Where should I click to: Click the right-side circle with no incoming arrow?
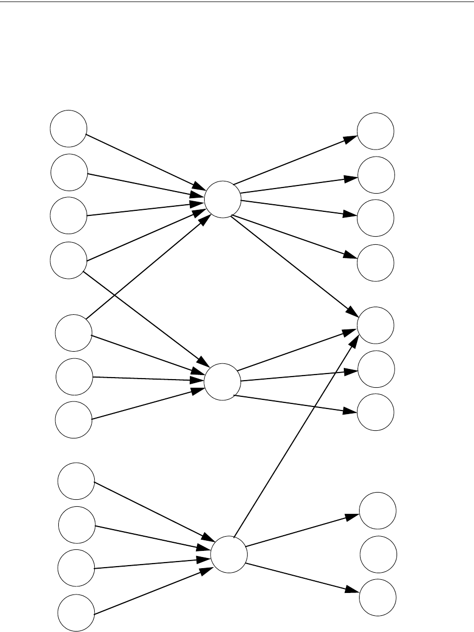[378, 554]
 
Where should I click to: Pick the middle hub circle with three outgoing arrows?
[222, 382]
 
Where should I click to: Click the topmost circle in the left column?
[68, 128]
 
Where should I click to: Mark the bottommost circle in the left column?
[75, 614]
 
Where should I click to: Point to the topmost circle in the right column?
[376, 131]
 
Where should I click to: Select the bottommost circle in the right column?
[378, 597]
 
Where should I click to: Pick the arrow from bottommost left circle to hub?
[152, 591]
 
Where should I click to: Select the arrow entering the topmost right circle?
[294, 160]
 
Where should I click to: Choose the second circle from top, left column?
[69, 172]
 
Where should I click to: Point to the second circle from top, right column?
[376, 175]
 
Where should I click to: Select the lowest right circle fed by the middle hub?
[376, 412]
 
